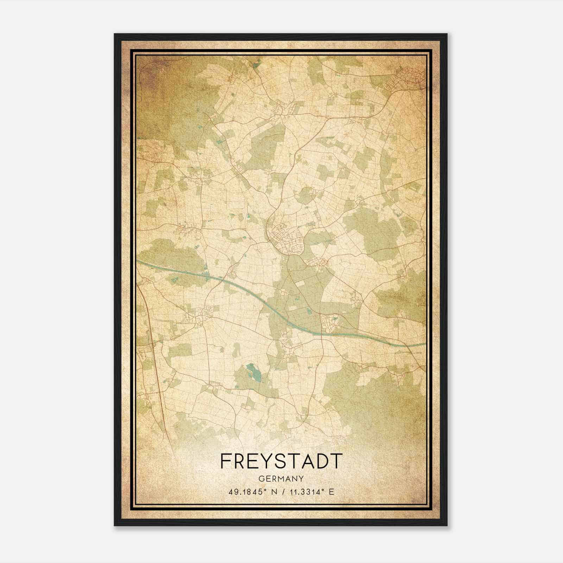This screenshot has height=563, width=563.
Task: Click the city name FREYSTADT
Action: point(281,461)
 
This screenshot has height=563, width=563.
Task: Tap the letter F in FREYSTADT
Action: point(226,461)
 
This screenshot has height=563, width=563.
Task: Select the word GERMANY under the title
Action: point(281,479)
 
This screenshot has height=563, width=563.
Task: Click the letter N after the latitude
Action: point(271,492)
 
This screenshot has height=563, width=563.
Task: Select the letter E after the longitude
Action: point(331,492)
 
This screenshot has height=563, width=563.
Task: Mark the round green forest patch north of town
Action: point(305,195)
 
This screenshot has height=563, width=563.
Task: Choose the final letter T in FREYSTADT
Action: point(336,461)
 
